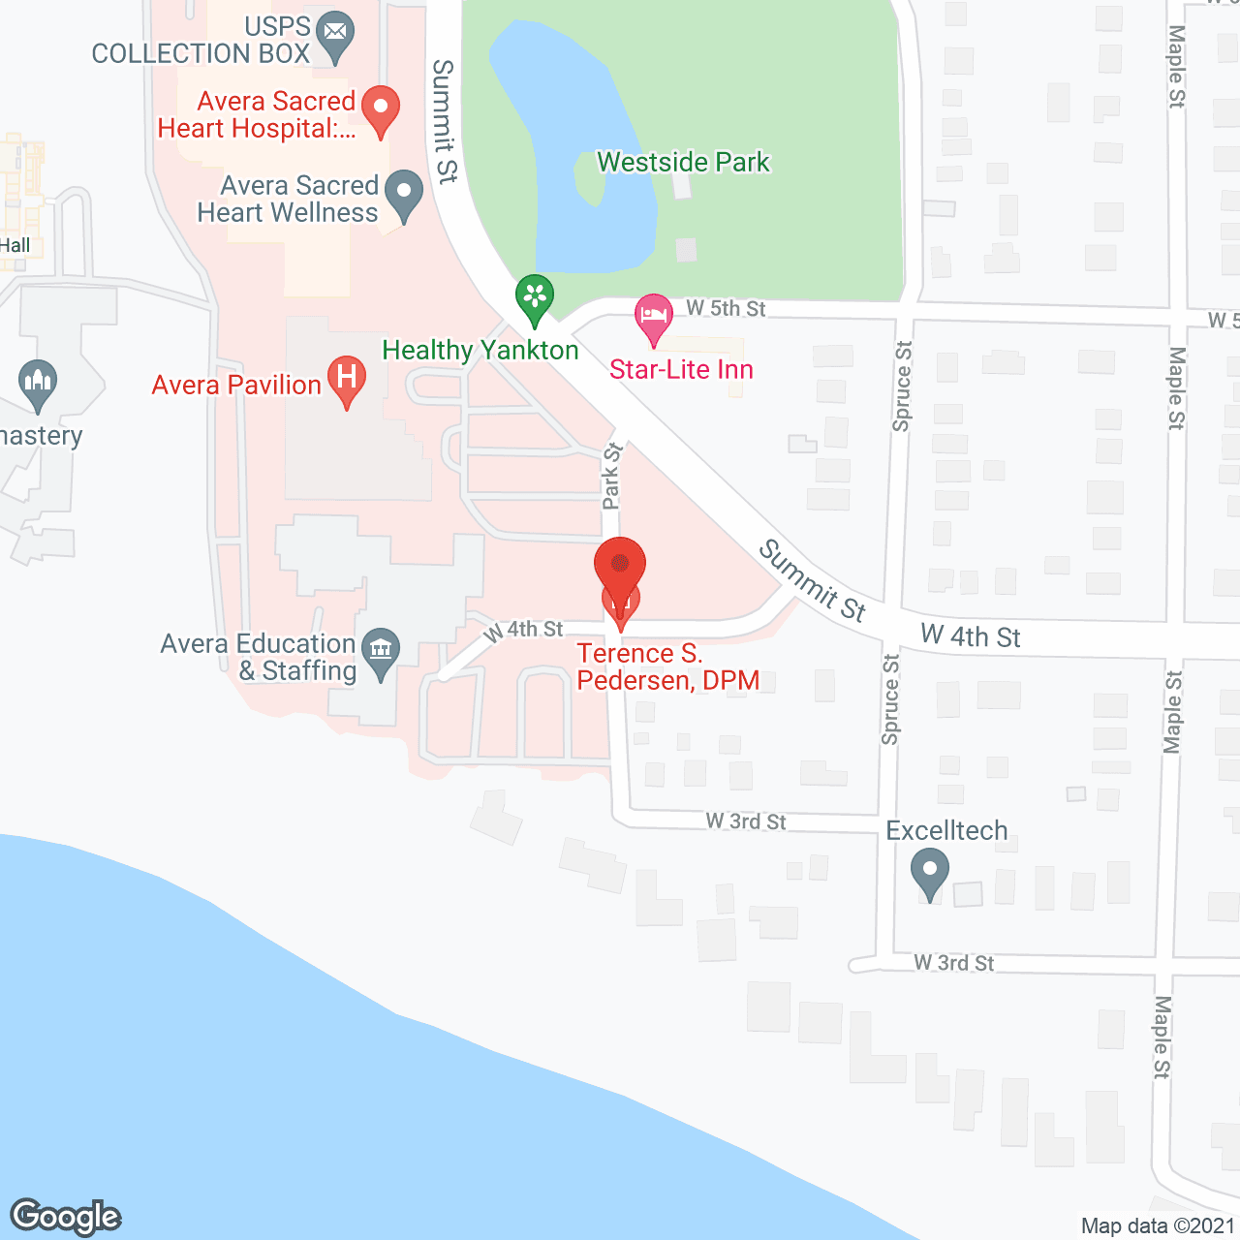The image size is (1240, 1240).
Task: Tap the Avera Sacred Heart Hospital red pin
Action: pos(381,109)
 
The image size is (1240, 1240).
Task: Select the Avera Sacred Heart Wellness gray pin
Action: pos(404,194)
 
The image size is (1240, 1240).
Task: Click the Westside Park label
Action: pos(683,162)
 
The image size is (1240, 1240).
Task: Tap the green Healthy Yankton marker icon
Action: pos(534,297)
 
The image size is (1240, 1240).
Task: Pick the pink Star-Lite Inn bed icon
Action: pos(654,318)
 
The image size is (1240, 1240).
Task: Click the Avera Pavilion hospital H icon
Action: pos(346,379)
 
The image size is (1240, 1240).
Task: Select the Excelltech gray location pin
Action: pos(930,872)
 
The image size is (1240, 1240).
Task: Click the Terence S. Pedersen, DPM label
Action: pos(668,666)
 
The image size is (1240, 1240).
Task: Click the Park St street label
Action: pos(611,476)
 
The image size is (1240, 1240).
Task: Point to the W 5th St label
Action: pos(726,308)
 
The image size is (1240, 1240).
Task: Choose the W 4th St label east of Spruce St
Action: pos(970,636)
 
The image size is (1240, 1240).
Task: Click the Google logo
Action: pos(66,1217)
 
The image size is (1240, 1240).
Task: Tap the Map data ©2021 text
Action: pos(1158,1225)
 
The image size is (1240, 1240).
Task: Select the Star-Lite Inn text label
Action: pos(681,369)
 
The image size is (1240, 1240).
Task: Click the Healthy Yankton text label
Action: pos(480,350)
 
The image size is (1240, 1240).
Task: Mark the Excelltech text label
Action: pos(946,830)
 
